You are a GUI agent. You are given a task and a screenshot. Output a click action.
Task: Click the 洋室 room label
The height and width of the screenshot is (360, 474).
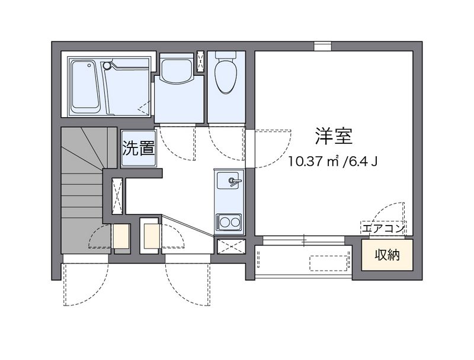point(334,136)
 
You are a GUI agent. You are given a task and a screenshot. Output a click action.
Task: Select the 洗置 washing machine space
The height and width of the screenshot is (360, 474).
point(139,149)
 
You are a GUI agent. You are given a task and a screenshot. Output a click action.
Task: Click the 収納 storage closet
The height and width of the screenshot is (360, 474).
point(387,255)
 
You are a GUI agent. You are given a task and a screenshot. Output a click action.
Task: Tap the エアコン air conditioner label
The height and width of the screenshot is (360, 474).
point(383,228)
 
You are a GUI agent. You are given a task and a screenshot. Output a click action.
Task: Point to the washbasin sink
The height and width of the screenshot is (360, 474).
point(176,70)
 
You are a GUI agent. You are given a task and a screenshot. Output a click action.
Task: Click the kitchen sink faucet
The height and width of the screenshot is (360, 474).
point(235,181)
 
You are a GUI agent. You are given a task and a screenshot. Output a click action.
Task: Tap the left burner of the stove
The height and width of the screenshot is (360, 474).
point(225,223)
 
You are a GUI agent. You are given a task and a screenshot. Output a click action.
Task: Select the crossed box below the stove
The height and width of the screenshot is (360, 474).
point(231,246)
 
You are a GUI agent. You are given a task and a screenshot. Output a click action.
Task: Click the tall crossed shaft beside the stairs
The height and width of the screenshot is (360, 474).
point(117,196)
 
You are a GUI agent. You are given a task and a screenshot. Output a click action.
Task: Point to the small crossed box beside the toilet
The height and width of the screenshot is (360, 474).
point(200,62)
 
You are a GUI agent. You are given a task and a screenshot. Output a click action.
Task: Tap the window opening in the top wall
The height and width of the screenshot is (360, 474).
point(322,46)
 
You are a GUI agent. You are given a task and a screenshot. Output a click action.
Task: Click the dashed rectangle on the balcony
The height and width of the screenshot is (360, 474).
point(329,263)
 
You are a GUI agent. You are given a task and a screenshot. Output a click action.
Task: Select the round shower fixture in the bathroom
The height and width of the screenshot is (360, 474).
point(107,65)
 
